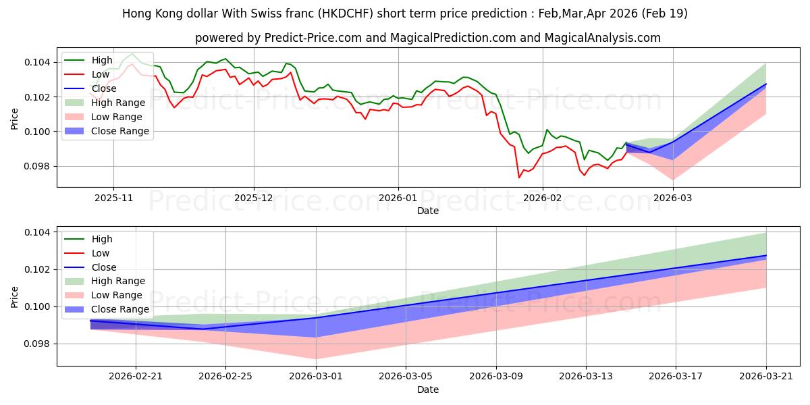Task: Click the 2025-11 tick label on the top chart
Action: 113,198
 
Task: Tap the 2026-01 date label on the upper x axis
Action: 398,198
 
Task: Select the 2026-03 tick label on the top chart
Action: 673,198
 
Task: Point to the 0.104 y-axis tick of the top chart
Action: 37,63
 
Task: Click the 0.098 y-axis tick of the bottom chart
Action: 37,344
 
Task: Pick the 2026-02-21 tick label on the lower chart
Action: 136,377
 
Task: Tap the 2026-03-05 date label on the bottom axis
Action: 406,377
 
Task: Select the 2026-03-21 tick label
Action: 766,377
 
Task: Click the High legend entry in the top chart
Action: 102,60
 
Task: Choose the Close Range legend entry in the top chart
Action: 120,131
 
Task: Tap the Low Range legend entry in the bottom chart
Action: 116,295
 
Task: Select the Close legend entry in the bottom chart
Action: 104,267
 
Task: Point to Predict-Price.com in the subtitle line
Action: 313,38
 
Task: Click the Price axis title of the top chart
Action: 14,119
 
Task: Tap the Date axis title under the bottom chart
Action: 428,389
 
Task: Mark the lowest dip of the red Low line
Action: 519,178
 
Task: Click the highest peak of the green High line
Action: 132,54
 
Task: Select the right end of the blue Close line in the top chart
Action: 766,84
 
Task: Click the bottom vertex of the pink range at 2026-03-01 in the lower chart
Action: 316,359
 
